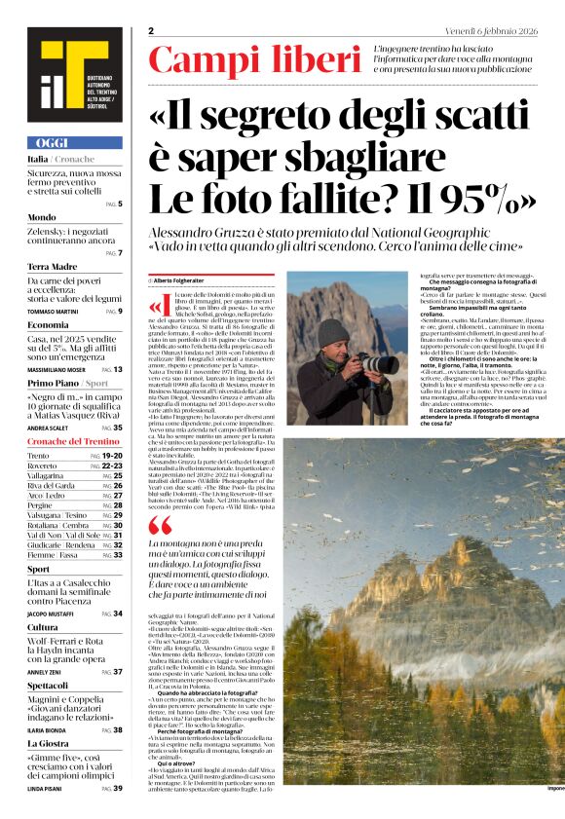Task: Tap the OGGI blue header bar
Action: click(x=74, y=142)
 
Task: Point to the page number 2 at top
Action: click(x=152, y=32)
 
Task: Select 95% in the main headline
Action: click(x=485, y=199)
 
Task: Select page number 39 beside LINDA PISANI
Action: click(x=118, y=788)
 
